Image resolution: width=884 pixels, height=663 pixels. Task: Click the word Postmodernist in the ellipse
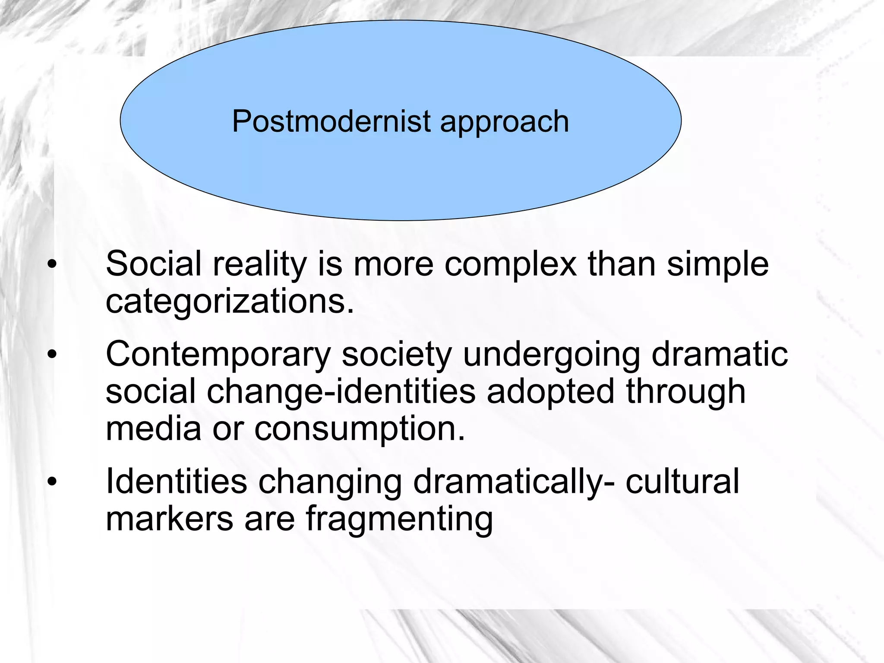(331, 121)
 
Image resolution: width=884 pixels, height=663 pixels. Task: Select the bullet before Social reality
(52, 265)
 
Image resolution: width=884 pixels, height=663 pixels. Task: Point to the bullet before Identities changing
(52, 482)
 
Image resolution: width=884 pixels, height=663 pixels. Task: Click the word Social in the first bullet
(153, 264)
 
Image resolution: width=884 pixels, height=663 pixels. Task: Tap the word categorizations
(230, 302)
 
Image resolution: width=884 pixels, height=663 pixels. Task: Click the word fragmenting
(399, 520)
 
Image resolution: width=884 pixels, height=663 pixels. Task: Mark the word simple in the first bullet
(717, 265)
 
